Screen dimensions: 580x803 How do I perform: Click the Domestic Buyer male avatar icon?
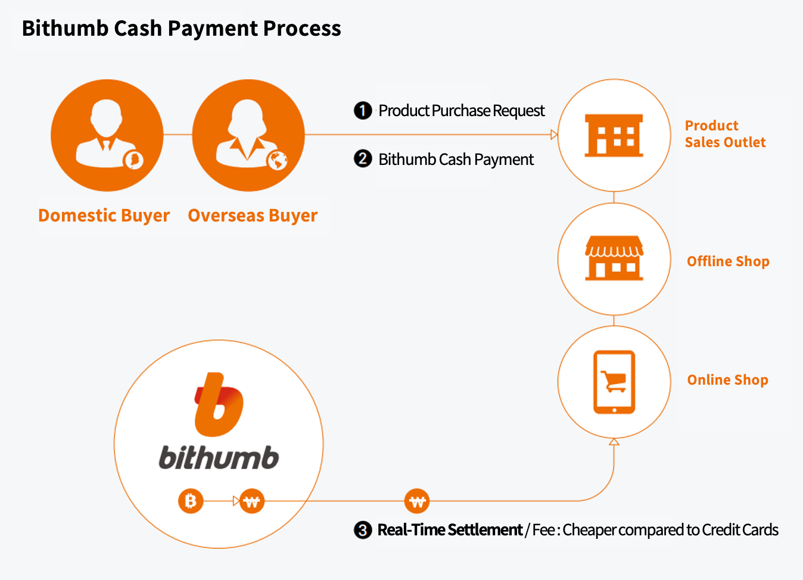[107, 135]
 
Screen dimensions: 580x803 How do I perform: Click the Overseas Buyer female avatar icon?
[248, 135]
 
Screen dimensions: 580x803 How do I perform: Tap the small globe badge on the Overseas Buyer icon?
[277, 160]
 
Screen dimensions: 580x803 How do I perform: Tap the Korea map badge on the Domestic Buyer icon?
[133, 159]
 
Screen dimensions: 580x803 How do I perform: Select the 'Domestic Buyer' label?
[104, 215]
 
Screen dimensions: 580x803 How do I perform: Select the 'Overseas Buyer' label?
[253, 215]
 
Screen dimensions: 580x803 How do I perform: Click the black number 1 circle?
[363, 110]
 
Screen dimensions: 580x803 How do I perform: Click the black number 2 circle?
[363, 159]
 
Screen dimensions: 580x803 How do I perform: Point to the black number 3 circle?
[363, 530]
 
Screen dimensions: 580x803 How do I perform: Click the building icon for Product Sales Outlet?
[614, 135]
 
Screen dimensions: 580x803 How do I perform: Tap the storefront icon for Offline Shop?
[614, 258]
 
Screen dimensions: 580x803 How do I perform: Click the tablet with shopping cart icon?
[614, 382]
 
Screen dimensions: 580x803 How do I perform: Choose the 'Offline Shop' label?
[728, 261]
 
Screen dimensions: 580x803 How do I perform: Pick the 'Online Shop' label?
[727, 380]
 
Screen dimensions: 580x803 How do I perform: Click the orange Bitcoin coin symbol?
[191, 501]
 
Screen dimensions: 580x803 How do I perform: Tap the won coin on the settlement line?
[417, 501]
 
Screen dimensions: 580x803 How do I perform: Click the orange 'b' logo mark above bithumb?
[219, 405]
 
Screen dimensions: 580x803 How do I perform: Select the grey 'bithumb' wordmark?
[219, 458]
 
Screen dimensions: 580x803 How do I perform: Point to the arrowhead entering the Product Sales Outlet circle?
[554, 135]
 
